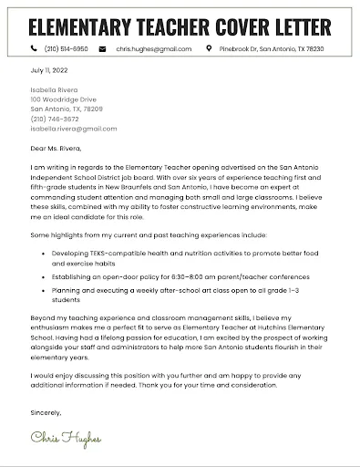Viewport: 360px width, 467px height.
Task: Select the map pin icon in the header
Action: [x=209, y=47]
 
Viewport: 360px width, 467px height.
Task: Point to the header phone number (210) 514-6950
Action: [x=67, y=47]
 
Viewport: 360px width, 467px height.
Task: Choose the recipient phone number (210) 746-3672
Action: [x=56, y=119]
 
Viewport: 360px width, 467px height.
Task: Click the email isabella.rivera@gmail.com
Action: [x=75, y=129]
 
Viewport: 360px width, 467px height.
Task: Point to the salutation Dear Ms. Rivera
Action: [x=56, y=148]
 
